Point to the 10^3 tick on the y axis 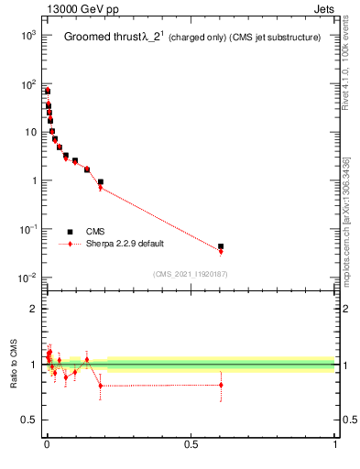pyautogui.click(x=27, y=35)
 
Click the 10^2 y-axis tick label pyautogui.click(x=27, y=83)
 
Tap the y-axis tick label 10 pyautogui.click(x=30, y=132)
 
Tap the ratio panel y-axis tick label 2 pyautogui.click(x=33, y=309)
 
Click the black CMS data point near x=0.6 pyautogui.click(x=221, y=246)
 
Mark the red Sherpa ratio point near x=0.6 pyautogui.click(x=221, y=385)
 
